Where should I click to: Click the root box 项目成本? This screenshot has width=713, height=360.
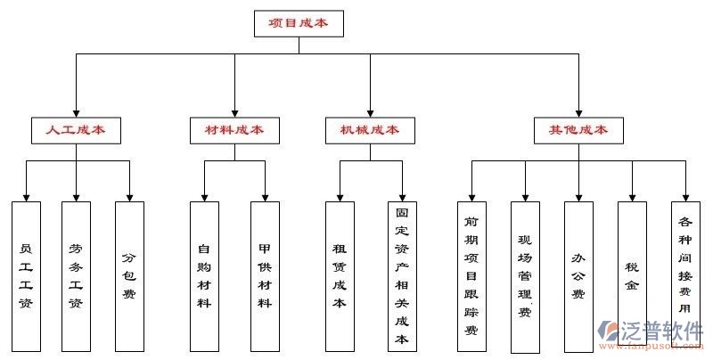(298, 24)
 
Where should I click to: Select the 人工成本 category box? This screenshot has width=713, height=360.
(76, 130)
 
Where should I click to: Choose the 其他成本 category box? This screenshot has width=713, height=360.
(578, 130)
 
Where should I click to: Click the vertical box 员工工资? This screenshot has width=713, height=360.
(26, 275)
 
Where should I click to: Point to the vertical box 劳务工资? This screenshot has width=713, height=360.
(76, 275)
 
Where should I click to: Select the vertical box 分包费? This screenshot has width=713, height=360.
(129, 275)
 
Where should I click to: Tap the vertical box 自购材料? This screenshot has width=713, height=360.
(204, 275)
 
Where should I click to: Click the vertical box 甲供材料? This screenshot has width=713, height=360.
(265, 275)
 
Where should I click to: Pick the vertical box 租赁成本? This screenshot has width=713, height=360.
(340, 275)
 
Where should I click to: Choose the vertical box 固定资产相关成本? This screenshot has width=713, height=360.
(402, 275)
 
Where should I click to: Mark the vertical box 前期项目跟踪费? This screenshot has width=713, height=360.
(471, 275)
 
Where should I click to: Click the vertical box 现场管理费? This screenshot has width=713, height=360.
(525, 275)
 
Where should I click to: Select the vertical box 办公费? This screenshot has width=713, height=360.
(578, 275)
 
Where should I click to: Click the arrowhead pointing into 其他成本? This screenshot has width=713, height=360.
(578, 112)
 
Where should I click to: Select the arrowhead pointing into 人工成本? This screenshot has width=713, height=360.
(76, 112)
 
